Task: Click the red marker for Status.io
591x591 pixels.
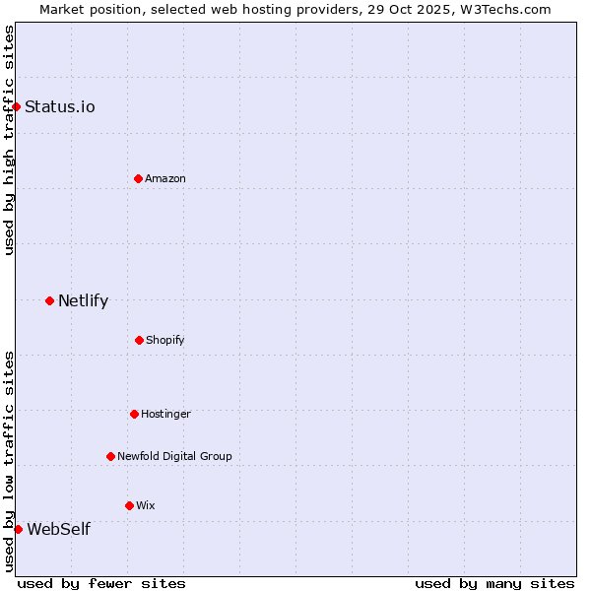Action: pos(17,106)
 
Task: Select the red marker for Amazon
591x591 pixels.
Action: pos(138,178)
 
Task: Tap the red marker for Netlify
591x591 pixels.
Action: pos(49,300)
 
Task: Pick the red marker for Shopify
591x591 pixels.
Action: pos(139,340)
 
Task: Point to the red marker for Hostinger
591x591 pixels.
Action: pos(134,414)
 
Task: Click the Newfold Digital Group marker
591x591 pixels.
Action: pos(110,456)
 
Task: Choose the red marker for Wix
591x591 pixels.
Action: pos(129,505)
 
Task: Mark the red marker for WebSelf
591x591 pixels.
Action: pos(18,529)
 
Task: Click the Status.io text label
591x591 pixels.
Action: pos(60,106)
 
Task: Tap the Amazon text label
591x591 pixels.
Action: pos(165,178)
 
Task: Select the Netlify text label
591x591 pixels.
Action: pos(83,300)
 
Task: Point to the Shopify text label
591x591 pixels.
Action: pos(165,340)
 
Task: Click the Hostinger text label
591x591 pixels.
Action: pos(165,414)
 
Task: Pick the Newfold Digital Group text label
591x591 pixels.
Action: pos(174,456)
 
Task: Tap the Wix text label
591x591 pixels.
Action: pos(146,505)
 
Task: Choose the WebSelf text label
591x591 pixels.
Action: pos(58,529)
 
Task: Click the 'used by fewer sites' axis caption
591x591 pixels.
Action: pos(101,583)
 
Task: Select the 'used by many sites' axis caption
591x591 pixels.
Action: pos(494,583)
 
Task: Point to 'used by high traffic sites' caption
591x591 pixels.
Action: pos(9,140)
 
